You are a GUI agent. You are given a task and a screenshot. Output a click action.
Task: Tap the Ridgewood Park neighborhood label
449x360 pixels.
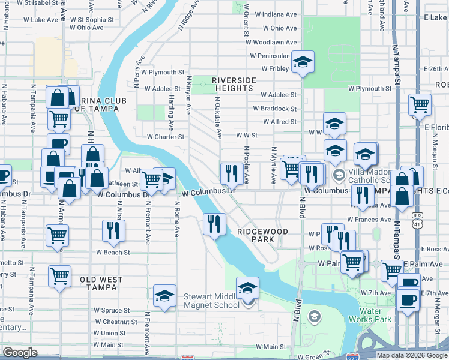262,235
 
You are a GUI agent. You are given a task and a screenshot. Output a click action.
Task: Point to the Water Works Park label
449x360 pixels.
375,315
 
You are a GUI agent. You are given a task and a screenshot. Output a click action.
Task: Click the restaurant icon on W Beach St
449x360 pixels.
112,231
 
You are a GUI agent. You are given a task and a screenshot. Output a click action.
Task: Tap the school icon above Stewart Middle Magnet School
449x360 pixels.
247,287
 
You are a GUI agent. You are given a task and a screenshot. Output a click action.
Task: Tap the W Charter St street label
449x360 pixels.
166,137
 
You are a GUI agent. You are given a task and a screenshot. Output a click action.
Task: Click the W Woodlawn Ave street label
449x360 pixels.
275,43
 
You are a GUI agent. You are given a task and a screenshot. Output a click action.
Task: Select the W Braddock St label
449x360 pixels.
275,109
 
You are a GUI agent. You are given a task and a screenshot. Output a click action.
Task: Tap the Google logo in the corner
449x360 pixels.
20,353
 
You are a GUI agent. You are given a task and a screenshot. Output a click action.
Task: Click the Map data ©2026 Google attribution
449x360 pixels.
411,355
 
